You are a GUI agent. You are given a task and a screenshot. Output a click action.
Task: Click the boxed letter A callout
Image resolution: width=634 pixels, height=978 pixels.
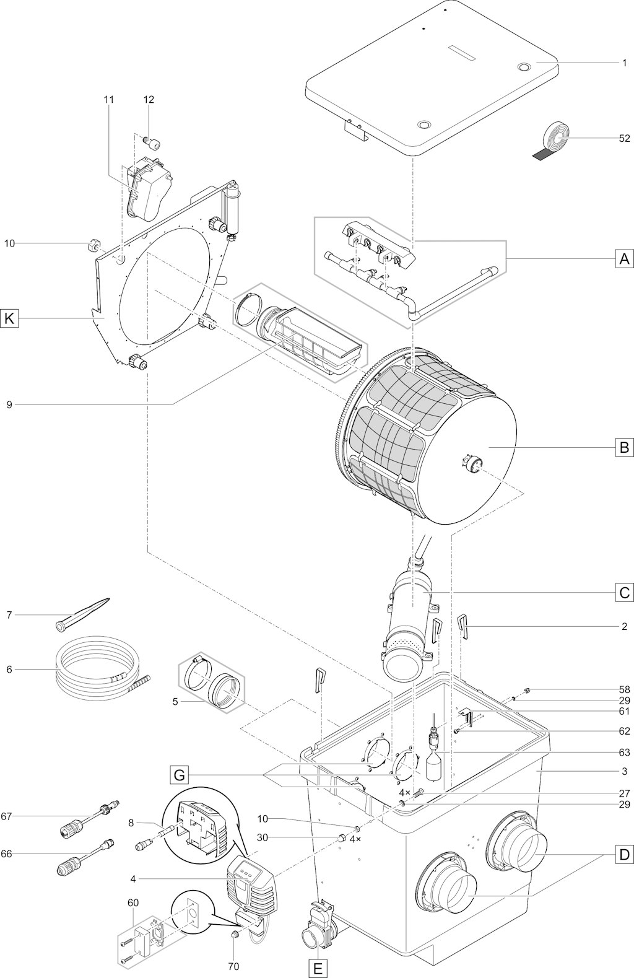point(624,260)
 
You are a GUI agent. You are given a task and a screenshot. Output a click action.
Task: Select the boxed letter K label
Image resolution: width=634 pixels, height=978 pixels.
point(9,319)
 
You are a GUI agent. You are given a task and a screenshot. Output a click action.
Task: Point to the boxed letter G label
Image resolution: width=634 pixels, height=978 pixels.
point(179,775)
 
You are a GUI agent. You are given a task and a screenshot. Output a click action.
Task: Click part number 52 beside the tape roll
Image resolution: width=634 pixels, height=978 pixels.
point(624,138)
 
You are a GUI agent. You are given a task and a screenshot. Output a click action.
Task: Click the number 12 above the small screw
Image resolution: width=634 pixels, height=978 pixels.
point(149,99)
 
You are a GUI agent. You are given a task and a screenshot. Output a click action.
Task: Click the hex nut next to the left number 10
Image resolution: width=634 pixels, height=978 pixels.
point(94,246)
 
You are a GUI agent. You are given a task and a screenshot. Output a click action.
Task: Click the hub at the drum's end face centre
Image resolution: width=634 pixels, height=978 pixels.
point(472,463)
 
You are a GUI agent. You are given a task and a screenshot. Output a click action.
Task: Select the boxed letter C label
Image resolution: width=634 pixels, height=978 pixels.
point(624,592)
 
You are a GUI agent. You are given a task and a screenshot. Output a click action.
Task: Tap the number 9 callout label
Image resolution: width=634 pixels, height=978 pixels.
point(9,404)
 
